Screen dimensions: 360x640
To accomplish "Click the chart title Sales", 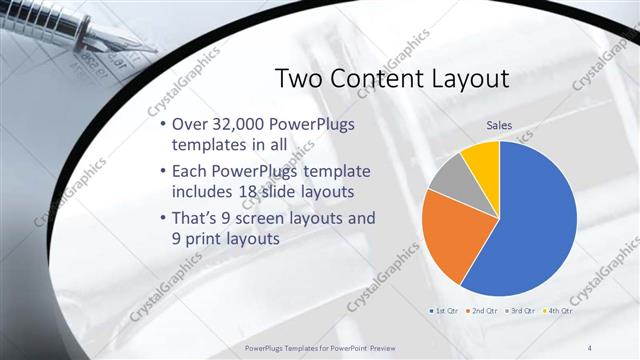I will pos(500,125).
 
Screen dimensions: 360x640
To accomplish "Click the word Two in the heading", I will pos(300,79).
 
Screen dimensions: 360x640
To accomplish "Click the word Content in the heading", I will pos(383,79).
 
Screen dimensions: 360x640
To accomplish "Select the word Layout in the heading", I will pos(474,79).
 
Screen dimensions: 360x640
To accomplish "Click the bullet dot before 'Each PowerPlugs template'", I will pos(164,170).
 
